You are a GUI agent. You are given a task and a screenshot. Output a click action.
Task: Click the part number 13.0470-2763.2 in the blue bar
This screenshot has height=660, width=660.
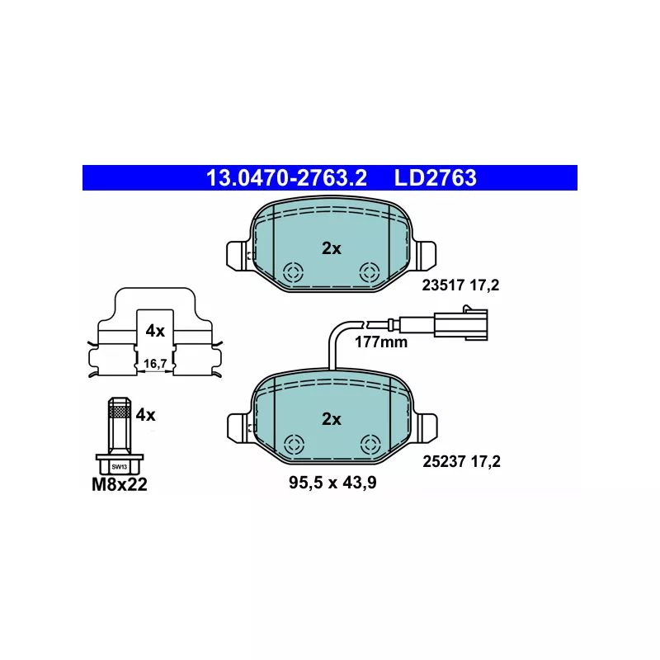tap(286, 177)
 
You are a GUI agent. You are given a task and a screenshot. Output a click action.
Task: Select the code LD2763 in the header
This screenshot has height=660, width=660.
tap(436, 177)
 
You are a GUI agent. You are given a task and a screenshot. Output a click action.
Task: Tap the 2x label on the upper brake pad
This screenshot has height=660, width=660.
tap(332, 249)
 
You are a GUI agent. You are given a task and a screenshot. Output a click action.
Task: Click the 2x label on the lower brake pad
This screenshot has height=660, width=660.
tap(332, 419)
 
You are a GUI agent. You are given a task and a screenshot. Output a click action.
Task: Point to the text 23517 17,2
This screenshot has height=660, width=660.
tap(460, 285)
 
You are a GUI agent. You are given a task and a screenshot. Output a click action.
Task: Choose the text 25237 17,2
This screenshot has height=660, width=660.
tap(461, 462)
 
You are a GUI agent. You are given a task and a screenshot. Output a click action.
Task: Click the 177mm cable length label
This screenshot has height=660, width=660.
tap(381, 342)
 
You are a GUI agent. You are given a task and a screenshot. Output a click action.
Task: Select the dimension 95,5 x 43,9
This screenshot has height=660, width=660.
tap(332, 483)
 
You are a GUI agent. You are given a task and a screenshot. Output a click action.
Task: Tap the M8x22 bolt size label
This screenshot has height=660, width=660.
tap(120, 484)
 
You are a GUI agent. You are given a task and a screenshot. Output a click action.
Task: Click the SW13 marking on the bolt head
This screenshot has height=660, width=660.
tap(119, 467)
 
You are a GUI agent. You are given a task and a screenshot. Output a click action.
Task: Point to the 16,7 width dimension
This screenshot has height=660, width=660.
tap(155, 363)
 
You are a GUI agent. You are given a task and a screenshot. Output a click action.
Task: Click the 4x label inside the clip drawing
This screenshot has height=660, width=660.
tap(155, 332)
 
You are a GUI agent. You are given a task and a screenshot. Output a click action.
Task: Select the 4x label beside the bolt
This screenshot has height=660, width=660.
tap(146, 415)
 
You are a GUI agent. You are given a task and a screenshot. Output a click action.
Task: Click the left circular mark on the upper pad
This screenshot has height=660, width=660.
tap(293, 272)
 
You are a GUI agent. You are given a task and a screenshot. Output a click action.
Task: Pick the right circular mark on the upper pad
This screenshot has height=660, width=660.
tap(370, 272)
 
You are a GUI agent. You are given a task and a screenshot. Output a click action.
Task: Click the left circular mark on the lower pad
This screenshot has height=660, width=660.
tap(294, 445)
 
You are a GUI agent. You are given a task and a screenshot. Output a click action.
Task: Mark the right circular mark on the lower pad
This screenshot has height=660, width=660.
tap(370, 445)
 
